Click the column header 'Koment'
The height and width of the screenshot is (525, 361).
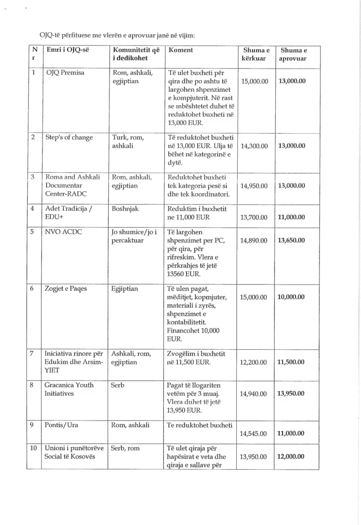181,50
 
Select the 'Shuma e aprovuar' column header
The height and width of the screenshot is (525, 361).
293,54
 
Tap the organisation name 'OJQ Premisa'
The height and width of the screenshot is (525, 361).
65,73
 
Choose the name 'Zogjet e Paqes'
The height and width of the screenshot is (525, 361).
66,289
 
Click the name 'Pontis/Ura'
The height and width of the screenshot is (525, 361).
61,425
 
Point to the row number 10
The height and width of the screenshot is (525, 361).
33,448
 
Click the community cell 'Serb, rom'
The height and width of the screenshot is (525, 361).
126,448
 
